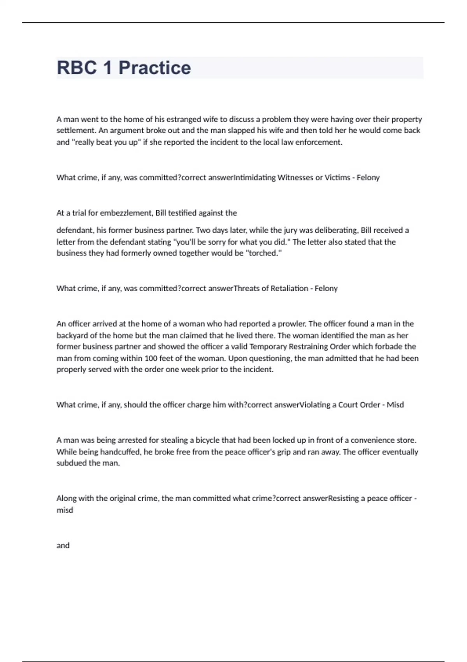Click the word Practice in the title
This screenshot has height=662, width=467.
[154, 68]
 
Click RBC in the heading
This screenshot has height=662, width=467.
[77, 68]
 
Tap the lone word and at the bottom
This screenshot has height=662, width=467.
[63, 546]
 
